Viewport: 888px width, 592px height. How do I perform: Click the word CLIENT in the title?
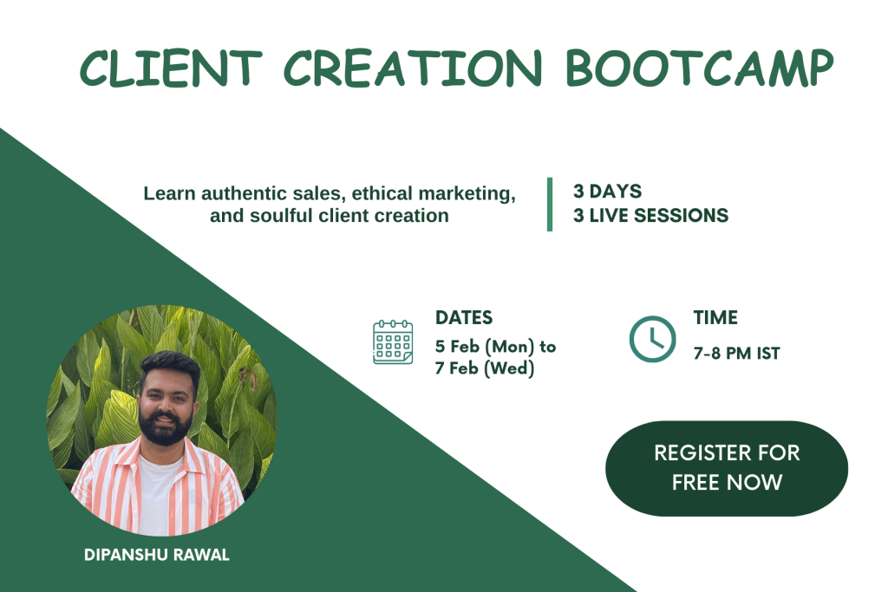coord(171,68)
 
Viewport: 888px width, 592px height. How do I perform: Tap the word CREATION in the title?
coord(413,68)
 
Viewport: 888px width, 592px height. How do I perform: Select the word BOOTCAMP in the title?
coord(700,68)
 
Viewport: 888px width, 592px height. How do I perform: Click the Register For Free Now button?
coord(727,468)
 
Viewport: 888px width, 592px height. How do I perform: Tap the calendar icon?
coord(393,342)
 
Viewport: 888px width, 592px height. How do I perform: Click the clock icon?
coord(652,339)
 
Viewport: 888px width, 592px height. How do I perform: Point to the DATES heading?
coord(464,317)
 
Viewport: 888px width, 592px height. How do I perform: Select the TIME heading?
coord(715,317)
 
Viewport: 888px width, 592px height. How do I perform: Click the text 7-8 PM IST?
coord(737,353)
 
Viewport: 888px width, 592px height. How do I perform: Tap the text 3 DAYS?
coord(607,192)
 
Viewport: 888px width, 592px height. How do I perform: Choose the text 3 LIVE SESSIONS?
coord(650,216)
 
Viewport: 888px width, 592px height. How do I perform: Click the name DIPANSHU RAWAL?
coord(157,555)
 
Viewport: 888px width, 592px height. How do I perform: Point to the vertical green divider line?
coord(549,205)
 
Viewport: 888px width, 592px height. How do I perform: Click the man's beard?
coord(165,428)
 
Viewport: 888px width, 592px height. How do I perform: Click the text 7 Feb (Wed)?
coord(485,368)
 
